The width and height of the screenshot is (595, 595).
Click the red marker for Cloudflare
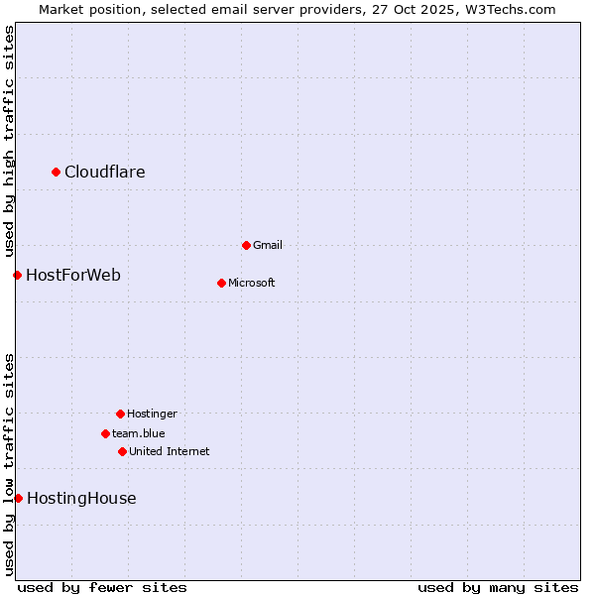[x=57, y=173]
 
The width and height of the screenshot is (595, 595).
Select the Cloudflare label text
[x=105, y=173]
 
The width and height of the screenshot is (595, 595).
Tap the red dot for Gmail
[x=246, y=245]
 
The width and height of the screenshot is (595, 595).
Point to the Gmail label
[x=268, y=245]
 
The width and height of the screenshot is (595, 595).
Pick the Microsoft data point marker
[x=221, y=283]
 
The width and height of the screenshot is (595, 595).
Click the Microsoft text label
[x=252, y=283]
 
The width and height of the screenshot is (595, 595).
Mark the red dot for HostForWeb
[x=17, y=275]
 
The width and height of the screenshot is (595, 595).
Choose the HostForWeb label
[x=73, y=275]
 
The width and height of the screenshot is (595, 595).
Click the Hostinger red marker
[x=120, y=414]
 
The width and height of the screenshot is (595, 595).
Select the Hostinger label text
[x=152, y=414]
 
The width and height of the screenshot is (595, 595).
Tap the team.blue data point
[x=105, y=433]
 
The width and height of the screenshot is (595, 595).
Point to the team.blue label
[x=139, y=433]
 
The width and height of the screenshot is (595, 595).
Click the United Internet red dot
[x=122, y=451]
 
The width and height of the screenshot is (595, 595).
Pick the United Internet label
[x=170, y=451]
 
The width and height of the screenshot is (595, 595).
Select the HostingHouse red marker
[x=18, y=498]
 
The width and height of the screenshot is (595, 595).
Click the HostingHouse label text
[x=81, y=498]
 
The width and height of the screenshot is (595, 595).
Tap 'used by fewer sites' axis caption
[x=102, y=587]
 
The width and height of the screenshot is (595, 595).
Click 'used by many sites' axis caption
[x=498, y=587]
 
